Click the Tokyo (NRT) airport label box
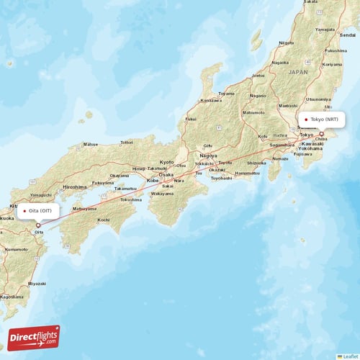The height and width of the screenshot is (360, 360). point(324,120)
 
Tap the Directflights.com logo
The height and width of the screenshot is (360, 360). point(34,338)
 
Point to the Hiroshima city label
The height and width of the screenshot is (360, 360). point(75,186)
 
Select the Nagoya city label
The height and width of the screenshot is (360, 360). point(209,156)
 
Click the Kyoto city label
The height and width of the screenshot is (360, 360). point(167,162)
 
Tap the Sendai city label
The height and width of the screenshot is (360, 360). point(348,35)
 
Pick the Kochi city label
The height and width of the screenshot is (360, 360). point(104,219)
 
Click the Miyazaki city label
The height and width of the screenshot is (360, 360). point(37,283)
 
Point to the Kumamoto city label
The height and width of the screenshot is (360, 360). point(16,248)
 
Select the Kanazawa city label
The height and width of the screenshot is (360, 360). point(210,100)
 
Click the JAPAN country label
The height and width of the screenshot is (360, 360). point(297,73)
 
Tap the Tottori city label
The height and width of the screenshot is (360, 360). point(127,143)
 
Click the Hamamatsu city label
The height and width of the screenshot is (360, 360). point(248,173)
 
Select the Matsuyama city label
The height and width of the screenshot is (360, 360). point(84,209)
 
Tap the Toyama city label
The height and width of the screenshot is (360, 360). point(227,94)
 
